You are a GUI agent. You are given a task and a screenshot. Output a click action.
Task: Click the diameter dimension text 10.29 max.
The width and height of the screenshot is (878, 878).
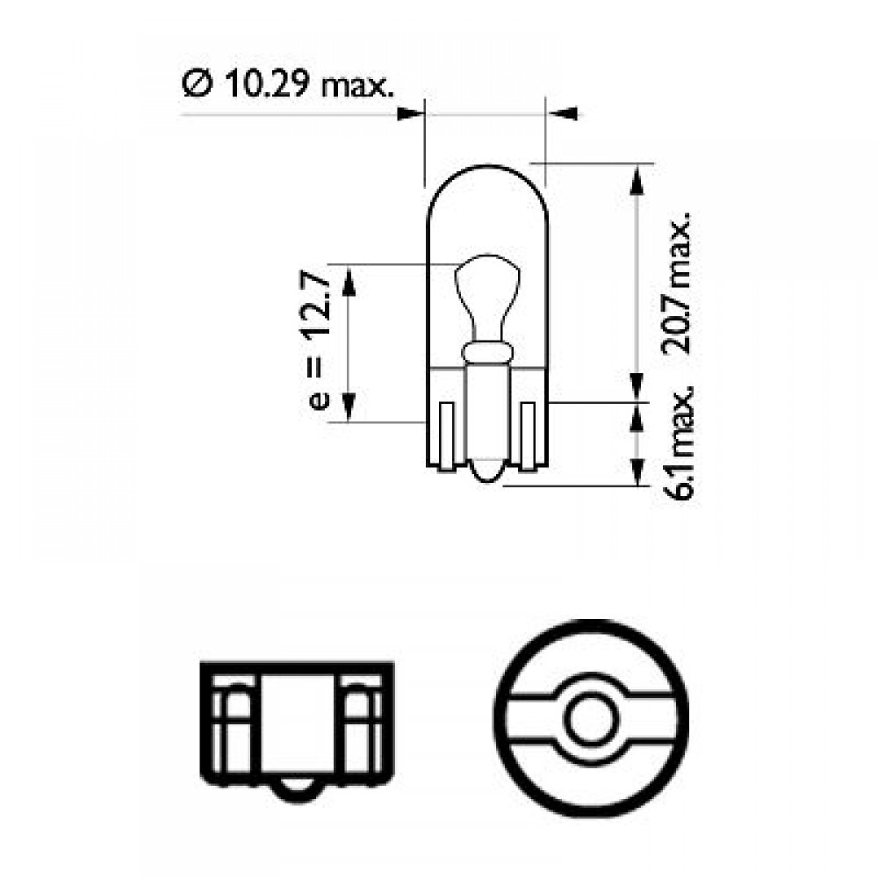[306, 84]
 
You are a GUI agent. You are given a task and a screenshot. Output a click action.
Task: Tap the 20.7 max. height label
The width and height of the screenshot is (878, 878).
[676, 284]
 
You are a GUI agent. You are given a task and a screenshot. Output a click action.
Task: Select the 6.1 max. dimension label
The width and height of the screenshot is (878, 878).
[678, 442]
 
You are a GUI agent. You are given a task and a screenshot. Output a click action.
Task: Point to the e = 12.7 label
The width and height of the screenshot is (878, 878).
[320, 341]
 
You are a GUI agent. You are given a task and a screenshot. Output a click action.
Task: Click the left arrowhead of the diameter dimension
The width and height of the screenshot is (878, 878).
[409, 113]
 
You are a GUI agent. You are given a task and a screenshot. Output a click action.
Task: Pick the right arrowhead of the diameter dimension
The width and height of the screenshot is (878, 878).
[562, 113]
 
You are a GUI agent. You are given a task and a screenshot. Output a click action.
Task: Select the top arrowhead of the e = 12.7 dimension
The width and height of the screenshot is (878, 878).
[348, 281]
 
